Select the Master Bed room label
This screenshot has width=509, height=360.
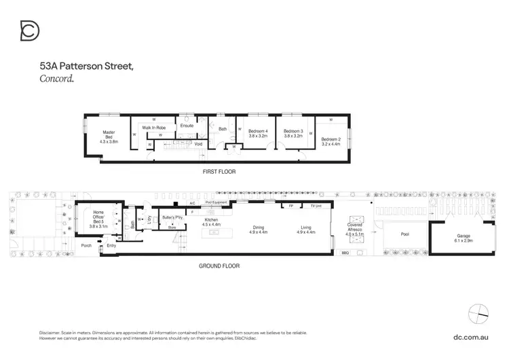109,137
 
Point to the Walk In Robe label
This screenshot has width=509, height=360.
155,127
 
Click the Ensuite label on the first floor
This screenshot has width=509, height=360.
187,126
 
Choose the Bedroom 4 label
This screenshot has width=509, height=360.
258,133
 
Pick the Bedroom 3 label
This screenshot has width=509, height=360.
293,133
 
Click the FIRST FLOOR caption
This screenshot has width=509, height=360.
219,172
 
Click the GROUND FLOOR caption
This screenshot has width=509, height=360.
219,266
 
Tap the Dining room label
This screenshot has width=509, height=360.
259,230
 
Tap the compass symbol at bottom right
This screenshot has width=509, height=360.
478,313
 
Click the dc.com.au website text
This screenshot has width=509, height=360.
472,337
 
